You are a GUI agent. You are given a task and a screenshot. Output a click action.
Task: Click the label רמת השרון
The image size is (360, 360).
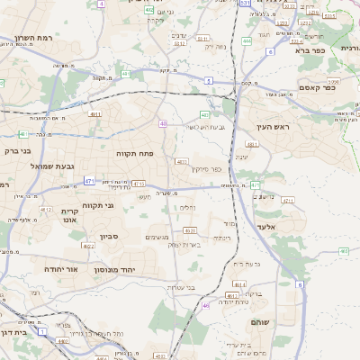35,40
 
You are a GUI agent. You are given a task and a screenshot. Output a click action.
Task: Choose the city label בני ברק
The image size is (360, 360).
17,151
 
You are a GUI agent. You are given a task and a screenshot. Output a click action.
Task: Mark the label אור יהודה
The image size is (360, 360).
61,269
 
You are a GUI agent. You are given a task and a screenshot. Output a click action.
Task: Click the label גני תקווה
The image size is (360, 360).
97,206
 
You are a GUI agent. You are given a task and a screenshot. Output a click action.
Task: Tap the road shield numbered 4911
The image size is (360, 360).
94,114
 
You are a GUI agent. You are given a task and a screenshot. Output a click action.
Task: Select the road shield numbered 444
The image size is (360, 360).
247,40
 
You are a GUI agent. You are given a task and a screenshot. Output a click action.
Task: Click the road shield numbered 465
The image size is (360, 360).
344,251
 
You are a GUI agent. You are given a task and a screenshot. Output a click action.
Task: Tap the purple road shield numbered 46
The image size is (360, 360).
205,306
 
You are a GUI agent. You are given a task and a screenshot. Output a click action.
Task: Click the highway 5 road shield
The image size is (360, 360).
209,81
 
